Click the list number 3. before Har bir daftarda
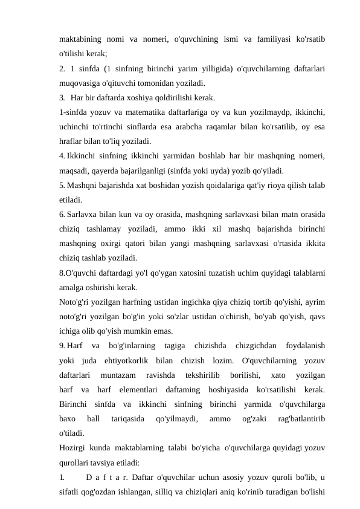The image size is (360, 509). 63,98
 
